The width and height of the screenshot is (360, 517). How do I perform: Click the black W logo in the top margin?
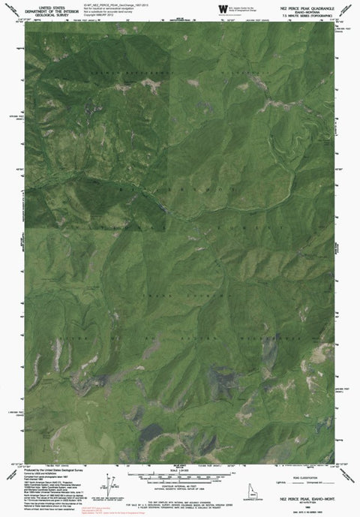click(223, 8)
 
